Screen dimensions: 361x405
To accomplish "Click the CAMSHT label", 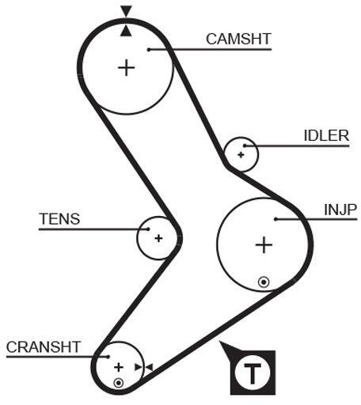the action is tap(238, 39).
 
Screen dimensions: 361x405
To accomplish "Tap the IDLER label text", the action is tap(327, 136).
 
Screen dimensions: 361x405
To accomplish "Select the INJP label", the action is tap(340, 210).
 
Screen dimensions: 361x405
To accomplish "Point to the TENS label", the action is tap(59, 219).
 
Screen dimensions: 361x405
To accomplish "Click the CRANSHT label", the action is tap(44, 347).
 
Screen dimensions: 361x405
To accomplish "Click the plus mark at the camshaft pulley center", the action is tap(127, 68).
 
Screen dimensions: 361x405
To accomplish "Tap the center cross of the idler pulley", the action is tap(241, 155).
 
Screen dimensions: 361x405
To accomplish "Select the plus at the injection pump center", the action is tap(264, 245).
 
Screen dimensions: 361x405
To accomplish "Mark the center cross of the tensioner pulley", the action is tap(158, 238).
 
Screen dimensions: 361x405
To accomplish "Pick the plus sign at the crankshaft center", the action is tap(119, 367).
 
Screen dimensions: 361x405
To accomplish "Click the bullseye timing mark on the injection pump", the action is tap(264, 282).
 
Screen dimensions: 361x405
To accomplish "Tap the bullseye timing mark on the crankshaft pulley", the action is tap(119, 383).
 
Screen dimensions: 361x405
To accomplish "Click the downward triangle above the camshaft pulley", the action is tap(126, 11).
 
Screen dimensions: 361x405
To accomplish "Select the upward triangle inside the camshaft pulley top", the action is tap(126, 31).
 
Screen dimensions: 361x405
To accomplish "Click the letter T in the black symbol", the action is tap(253, 373).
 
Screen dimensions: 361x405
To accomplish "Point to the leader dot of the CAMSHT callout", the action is tap(149, 50).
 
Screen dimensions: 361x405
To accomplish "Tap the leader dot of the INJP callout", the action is tap(275, 219).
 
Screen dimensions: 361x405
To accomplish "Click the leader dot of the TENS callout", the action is tap(148, 229).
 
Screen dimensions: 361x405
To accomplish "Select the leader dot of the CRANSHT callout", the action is tap(108, 357).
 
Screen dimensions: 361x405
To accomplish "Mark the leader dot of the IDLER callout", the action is tap(245, 146).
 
